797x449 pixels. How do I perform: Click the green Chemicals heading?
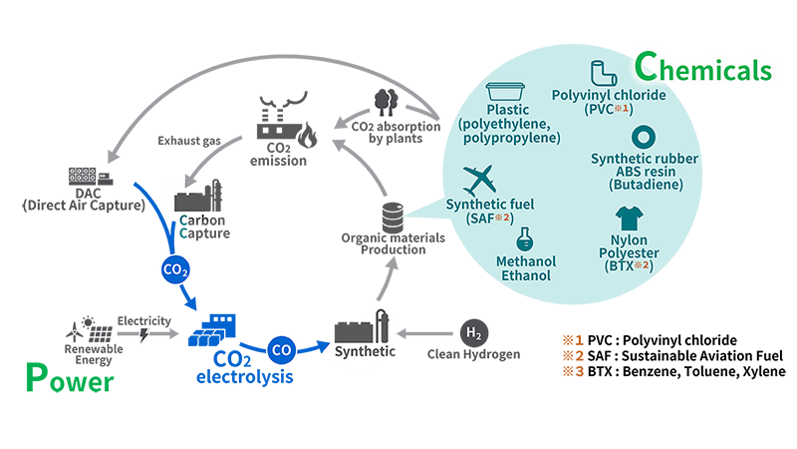[x=703, y=70]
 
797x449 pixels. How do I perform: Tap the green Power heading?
[x=68, y=380]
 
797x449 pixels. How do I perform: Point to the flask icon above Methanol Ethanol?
[x=523, y=239]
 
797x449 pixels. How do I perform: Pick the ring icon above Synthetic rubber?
[x=644, y=137]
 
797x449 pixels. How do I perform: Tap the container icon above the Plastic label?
[x=508, y=88]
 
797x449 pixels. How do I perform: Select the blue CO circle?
[x=282, y=350]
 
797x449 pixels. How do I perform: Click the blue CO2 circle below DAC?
[x=175, y=270]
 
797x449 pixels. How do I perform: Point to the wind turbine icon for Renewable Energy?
[x=81, y=327]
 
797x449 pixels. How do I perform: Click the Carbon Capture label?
[x=203, y=226]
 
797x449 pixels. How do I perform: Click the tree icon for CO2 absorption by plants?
[x=384, y=101]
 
